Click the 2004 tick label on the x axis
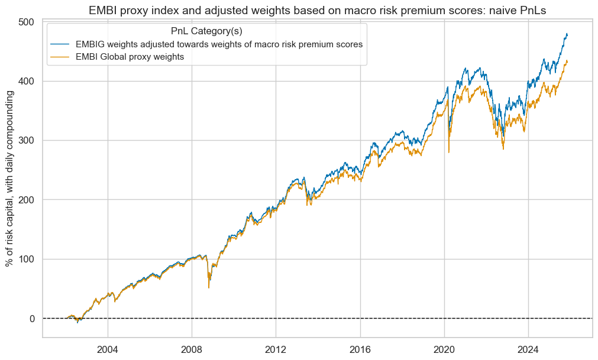(108, 349)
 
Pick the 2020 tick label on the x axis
(444, 349)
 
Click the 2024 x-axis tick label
(528, 349)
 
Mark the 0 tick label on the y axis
(33, 319)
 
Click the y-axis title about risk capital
(10, 179)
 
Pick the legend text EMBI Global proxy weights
(135, 57)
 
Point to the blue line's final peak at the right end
(567, 34)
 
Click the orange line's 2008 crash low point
(209, 287)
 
